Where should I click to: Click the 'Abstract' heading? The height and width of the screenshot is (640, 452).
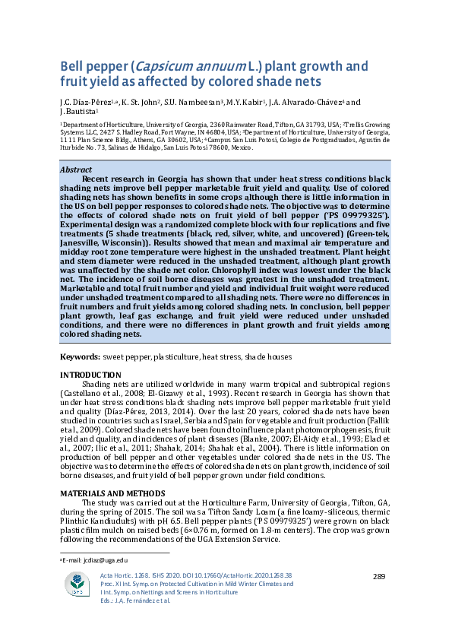coord(76,170)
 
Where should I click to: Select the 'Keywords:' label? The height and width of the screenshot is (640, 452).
coord(80,356)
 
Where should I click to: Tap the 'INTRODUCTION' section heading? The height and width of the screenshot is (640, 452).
coord(90,375)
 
